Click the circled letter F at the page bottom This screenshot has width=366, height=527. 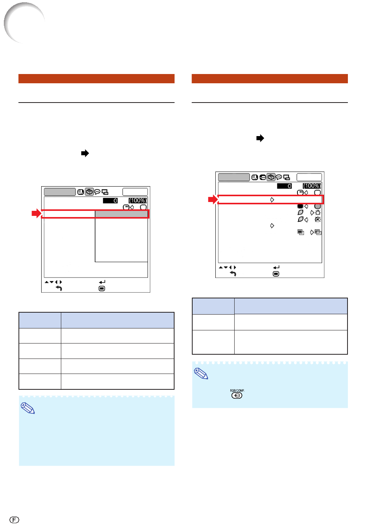tap(14, 519)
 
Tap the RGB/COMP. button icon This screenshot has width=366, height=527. tap(237, 395)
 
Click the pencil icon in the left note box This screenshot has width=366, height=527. tap(28, 408)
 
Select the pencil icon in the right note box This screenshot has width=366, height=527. tap(201, 374)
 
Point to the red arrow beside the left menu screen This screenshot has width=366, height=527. tap(37, 214)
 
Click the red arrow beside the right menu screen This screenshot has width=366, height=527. tap(213, 200)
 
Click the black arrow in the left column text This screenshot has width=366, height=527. tap(85, 153)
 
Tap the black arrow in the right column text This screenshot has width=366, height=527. tap(260, 138)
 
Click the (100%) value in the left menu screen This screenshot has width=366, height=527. tap(138, 200)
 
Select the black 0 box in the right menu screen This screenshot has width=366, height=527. tap(284, 186)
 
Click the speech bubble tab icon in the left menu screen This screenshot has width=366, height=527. tap(97, 192)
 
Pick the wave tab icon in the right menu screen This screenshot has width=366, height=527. tap(263, 177)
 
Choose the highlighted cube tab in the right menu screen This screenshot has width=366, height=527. tap(271, 177)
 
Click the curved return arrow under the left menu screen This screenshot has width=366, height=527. tap(59, 288)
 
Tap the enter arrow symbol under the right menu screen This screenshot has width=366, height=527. tap(276, 267)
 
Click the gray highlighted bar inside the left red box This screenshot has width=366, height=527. tap(121, 214)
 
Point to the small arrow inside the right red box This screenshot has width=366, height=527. tap(272, 200)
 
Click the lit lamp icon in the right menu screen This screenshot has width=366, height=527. tap(317, 213)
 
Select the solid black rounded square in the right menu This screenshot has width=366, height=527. tap(300, 206)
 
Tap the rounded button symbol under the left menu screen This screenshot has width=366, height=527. tap(102, 288)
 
